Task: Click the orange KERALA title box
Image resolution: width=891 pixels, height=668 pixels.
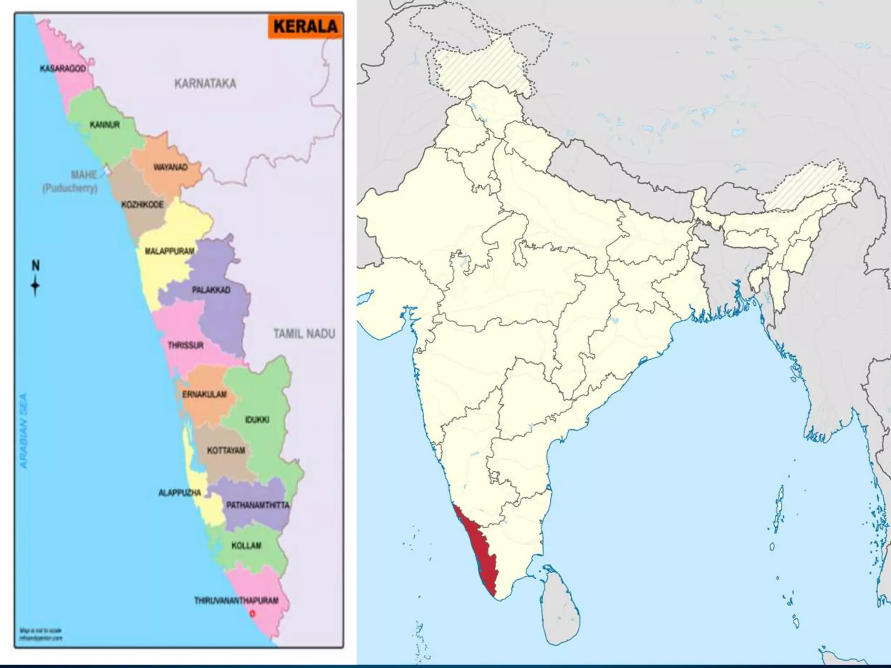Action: (x=305, y=26)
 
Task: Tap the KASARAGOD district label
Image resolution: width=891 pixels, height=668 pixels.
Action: (x=63, y=69)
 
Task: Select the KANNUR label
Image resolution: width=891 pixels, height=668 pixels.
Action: (x=104, y=125)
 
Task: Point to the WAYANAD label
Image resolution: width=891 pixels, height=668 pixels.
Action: (x=170, y=167)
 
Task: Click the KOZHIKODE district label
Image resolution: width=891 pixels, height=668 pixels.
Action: (x=142, y=204)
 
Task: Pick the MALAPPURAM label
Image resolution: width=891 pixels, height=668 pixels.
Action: (x=169, y=251)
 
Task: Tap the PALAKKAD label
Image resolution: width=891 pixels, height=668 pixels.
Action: (x=211, y=290)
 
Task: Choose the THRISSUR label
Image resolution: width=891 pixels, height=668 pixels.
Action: (x=186, y=345)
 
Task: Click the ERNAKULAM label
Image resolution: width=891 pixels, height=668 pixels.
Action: (x=204, y=394)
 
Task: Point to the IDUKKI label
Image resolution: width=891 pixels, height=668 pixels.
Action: (x=257, y=420)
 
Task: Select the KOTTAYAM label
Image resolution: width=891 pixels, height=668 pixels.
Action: (x=226, y=451)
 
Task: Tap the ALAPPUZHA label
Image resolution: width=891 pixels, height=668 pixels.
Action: (x=179, y=493)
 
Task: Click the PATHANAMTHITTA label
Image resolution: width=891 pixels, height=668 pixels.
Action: (x=258, y=505)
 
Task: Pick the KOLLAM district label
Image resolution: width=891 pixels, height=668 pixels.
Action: (x=246, y=545)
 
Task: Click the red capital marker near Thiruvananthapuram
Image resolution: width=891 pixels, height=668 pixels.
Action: (x=251, y=614)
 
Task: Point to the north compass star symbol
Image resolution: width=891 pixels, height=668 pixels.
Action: (x=35, y=286)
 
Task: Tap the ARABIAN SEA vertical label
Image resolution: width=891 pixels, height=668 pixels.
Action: (x=23, y=431)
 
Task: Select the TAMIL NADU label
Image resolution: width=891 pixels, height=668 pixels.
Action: (x=304, y=334)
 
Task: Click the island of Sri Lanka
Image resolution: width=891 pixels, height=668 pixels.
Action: (x=561, y=605)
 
